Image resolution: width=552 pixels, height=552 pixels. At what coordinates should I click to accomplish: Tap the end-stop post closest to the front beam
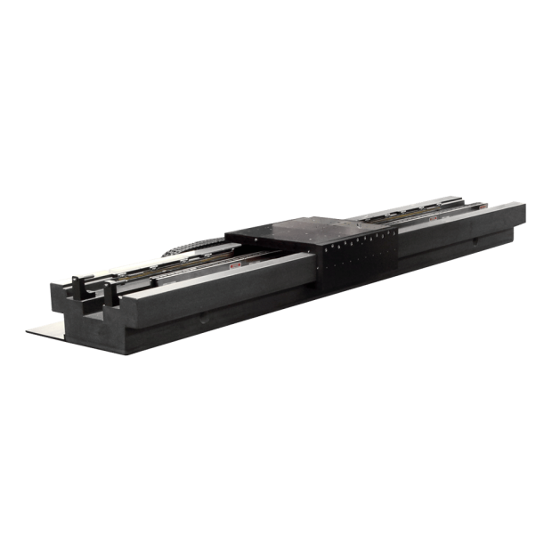pos(111,293)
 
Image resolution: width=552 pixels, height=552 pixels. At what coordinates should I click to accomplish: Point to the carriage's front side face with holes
pos(356,261)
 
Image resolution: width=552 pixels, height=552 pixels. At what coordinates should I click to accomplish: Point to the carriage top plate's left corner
pos(229,234)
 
